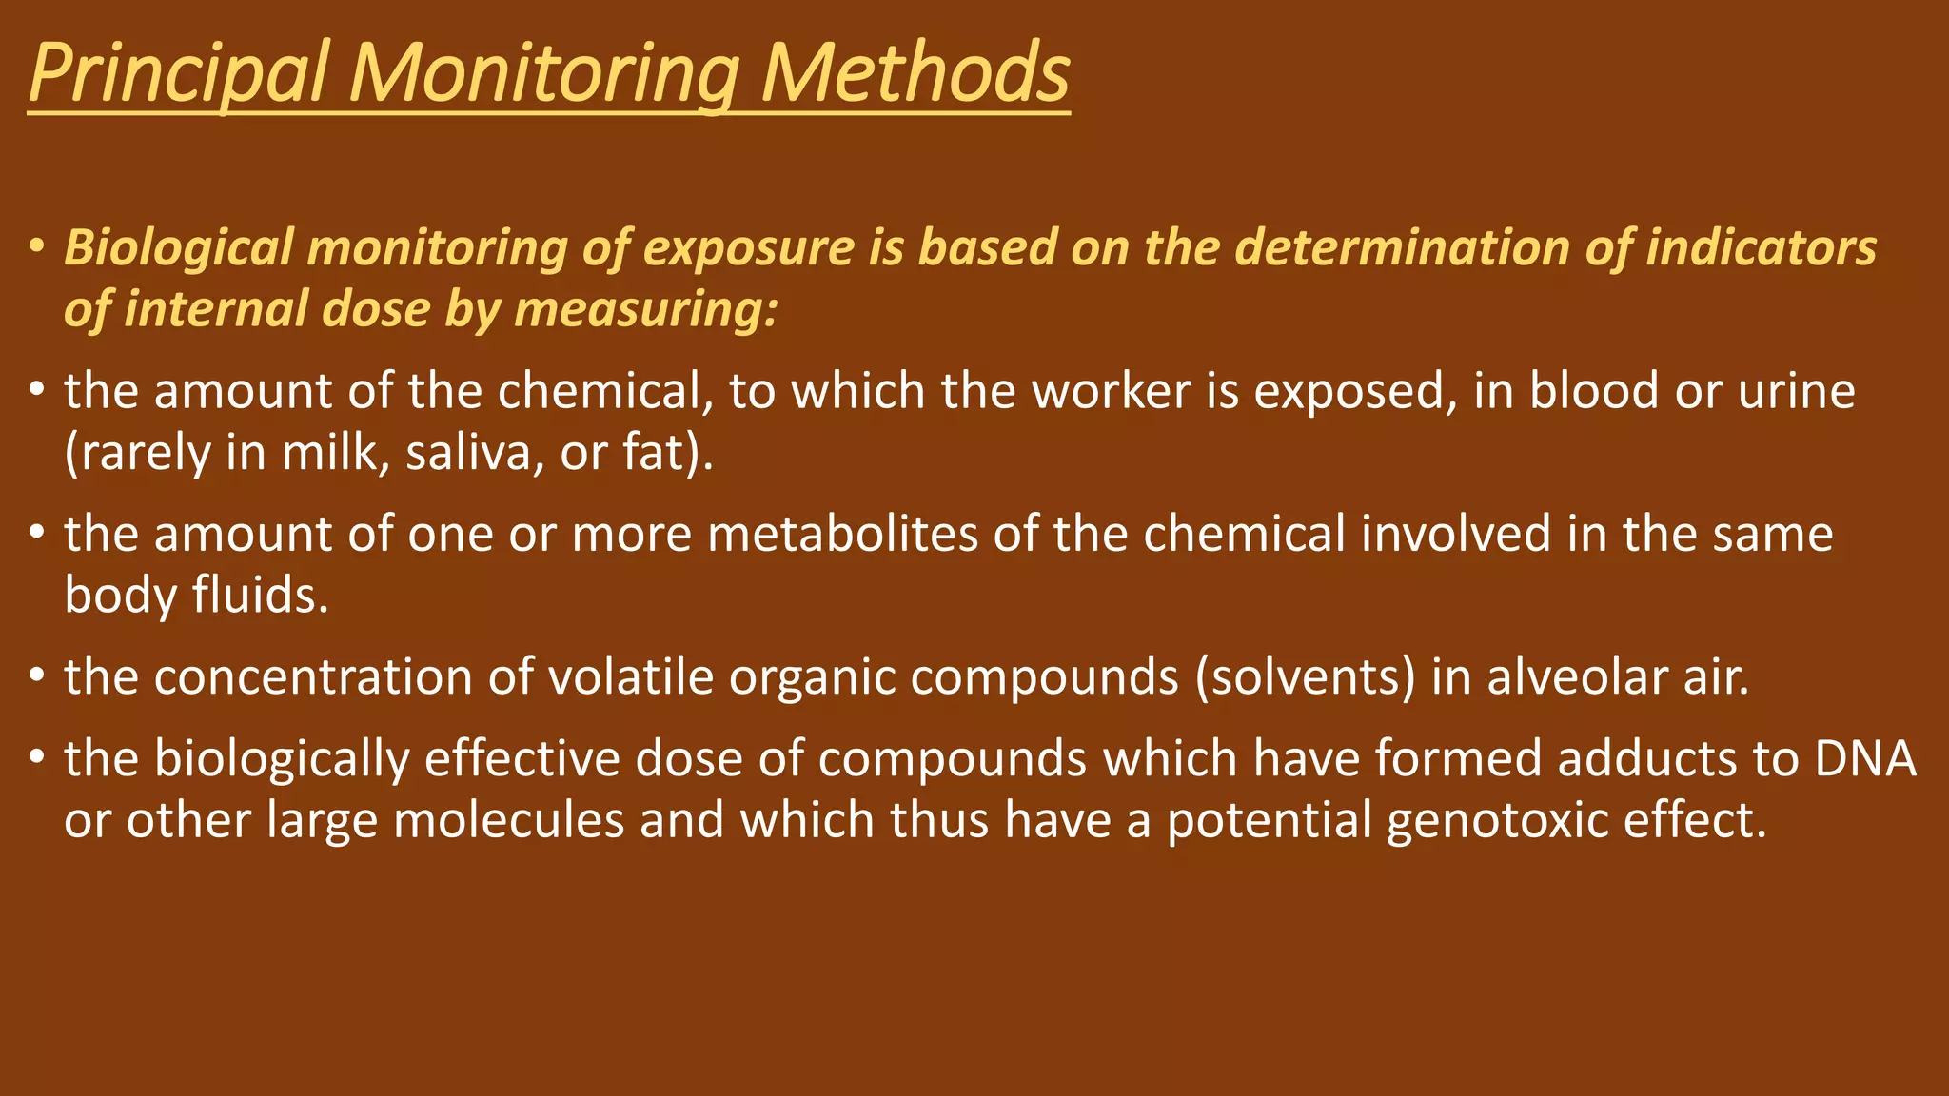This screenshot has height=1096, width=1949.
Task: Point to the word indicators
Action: click(1762, 247)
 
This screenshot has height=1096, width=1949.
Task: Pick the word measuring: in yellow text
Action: click(646, 309)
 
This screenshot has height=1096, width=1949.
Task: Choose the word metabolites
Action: click(843, 534)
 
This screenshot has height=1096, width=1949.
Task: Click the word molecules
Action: click(508, 820)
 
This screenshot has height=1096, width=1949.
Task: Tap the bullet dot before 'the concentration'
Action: click(36, 676)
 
